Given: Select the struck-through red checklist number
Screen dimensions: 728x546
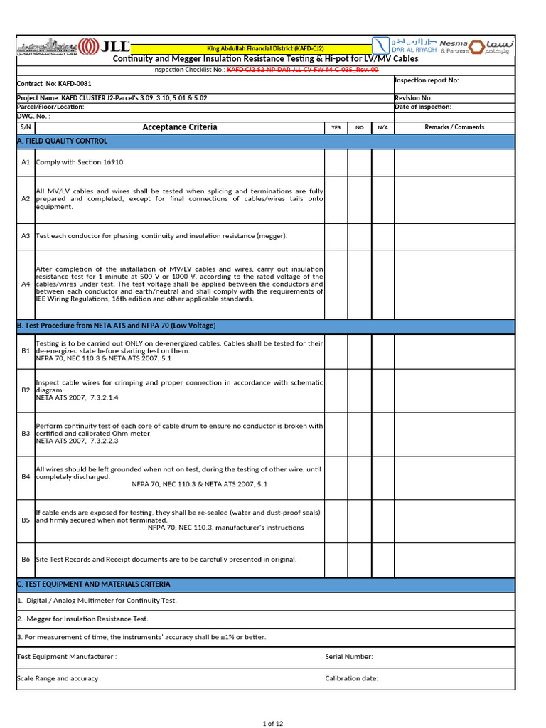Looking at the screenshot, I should pos(303,70).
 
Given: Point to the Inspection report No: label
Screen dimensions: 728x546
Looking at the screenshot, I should pos(427,80).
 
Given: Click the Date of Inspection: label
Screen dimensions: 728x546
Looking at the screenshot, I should pos(423,107).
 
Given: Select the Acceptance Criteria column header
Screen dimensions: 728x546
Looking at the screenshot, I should pos(180,127).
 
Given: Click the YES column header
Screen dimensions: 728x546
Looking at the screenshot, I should pos(336,128).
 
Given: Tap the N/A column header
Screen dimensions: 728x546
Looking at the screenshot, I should pos(382,128).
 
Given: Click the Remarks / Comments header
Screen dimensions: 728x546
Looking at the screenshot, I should pos(454,127).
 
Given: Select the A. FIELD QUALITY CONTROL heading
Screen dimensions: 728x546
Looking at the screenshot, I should pos(62,141).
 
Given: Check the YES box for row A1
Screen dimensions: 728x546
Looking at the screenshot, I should pos(336,162).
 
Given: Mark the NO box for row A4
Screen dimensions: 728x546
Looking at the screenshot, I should pos(359,284).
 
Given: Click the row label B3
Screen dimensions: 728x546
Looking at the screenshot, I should pos(26,433).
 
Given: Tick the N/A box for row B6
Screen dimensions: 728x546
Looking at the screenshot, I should pos(382,560).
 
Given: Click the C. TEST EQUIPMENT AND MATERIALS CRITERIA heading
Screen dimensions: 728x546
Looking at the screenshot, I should pos(93,584).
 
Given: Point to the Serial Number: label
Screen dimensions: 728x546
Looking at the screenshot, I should pos(348,657).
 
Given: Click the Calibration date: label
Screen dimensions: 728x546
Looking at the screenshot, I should pos(351,678).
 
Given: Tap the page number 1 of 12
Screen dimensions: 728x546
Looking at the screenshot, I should pos(273,724).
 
